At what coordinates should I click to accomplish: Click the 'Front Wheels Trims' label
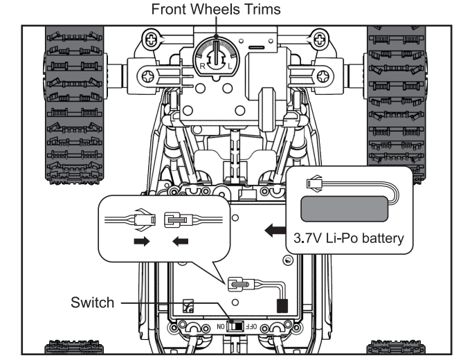(x=216, y=9)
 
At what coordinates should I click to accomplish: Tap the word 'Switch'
(x=93, y=303)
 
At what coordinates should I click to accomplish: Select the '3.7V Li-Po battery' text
(x=349, y=238)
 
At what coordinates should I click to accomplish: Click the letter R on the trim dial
(x=203, y=66)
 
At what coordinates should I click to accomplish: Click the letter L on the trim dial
(x=230, y=66)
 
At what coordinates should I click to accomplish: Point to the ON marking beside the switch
(x=221, y=327)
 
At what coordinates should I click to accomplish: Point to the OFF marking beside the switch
(x=251, y=327)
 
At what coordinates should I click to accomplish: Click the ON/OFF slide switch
(x=235, y=326)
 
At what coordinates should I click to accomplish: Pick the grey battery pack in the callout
(x=345, y=209)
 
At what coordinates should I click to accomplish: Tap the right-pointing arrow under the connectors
(x=142, y=241)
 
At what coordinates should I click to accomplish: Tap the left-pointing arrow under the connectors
(x=181, y=242)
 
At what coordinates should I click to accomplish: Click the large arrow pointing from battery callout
(x=275, y=231)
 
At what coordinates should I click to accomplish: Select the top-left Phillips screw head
(x=151, y=39)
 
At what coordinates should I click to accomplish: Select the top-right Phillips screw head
(x=319, y=39)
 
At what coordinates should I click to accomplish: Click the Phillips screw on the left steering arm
(x=148, y=76)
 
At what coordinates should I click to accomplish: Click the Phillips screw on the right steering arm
(x=324, y=76)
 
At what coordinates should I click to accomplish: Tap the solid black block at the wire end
(x=282, y=306)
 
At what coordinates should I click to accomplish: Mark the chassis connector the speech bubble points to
(x=240, y=285)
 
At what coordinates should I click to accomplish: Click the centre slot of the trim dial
(x=216, y=53)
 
